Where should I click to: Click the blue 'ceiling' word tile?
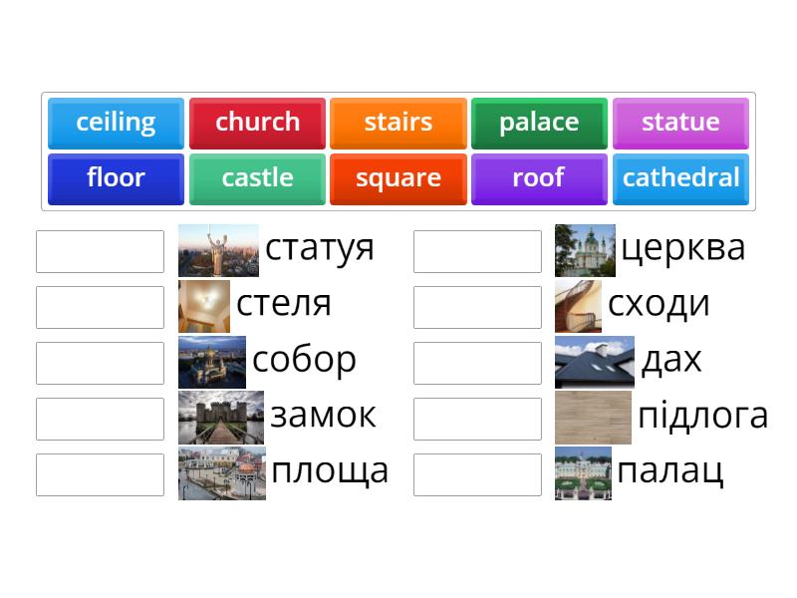click(x=116, y=123)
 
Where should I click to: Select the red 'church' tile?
click(x=257, y=123)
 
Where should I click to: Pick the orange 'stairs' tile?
click(x=398, y=123)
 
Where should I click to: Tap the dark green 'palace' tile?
click(x=539, y=123)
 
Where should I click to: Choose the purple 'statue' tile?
click(x=680, y=123)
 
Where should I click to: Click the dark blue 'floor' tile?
click(x=116, y=178)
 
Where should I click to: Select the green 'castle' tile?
click(x=257, y=178)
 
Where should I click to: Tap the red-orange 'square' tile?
click(x=398, y=178)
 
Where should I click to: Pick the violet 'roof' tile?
click(x=539, y=178)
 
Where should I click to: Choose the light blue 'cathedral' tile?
click(x=680, y=178)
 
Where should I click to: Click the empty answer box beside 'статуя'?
click(x=100, y=251)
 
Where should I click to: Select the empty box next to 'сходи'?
click(x=477, y=307)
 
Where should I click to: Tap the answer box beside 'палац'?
click(x=477, y=474)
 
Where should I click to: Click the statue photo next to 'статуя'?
click(x=218, y=250)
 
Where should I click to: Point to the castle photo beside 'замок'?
click(x=221, y=417)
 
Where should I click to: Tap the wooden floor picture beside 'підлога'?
click(x=593, y=417)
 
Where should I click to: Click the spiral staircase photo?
click(x=578, y=306)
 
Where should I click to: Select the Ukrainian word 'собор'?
click(x=304, y=359)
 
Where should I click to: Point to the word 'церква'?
click(x=682, y=247)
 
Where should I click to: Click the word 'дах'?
click(x=671, y=359)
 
